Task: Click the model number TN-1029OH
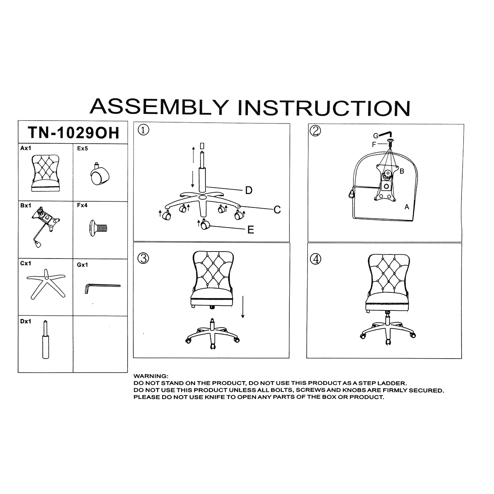tap(74, 133)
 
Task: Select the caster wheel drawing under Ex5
tap(99, 174)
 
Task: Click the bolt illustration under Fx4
tap(98, 228)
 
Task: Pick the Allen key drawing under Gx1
tap(102, 288)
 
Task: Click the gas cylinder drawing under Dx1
tap(46, 339)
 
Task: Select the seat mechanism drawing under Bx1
tap(45, 226)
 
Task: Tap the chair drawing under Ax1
tap(46, 173)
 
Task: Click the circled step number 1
tap(143, 130)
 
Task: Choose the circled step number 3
tap(143, 258)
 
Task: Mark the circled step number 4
tap(316, 259)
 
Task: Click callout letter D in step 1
tap(249, 191)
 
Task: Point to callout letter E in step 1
tap(251, 230)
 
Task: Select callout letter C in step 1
tap(277, 210)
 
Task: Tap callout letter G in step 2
tap(375, 136)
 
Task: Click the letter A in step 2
tap(407, 207)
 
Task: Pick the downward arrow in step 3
tap(242, 307)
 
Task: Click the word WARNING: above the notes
tap(151, 376)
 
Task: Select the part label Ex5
tap(82, 149)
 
